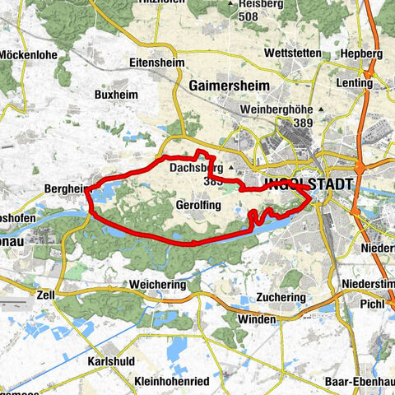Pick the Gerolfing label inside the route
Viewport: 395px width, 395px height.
tap(197, 203)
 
